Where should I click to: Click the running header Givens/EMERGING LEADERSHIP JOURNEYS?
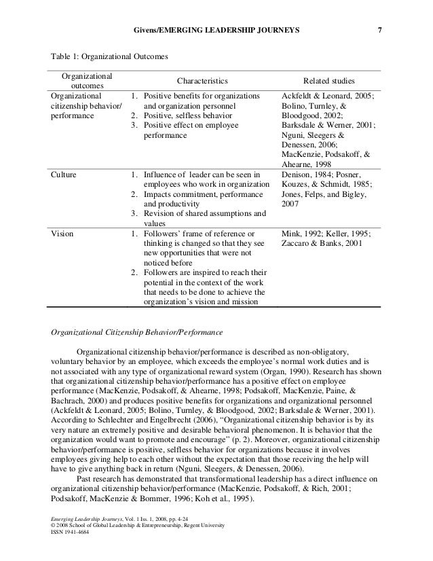click(216, 30)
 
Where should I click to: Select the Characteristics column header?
click(204, 80)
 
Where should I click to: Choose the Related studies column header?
click(331, 80)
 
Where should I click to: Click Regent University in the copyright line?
click(202, 543)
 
